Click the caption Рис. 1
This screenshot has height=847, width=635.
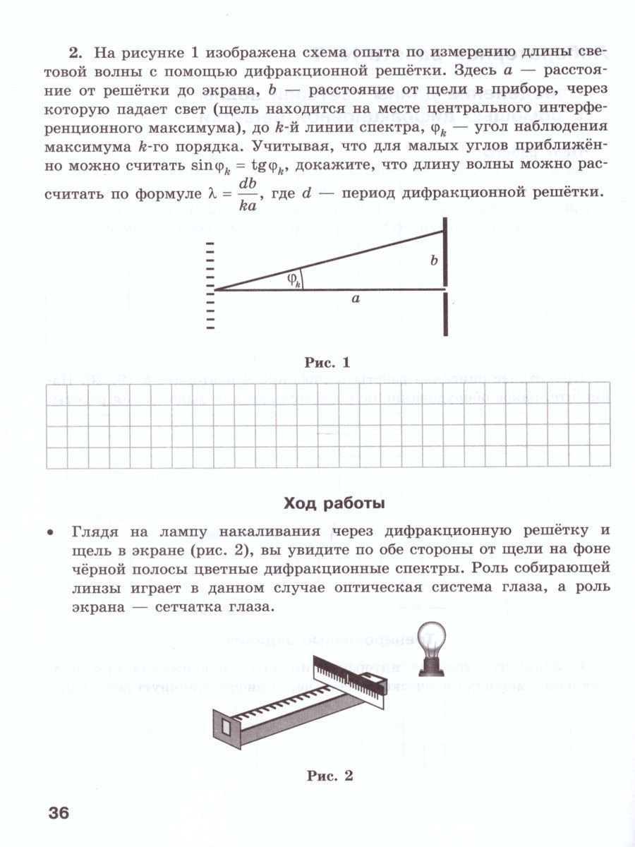pos(327,364)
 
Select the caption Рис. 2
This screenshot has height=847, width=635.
pos(329,776)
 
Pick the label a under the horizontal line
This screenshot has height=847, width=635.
pos(356,299)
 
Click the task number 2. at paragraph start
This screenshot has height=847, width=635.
pos(76,53)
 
